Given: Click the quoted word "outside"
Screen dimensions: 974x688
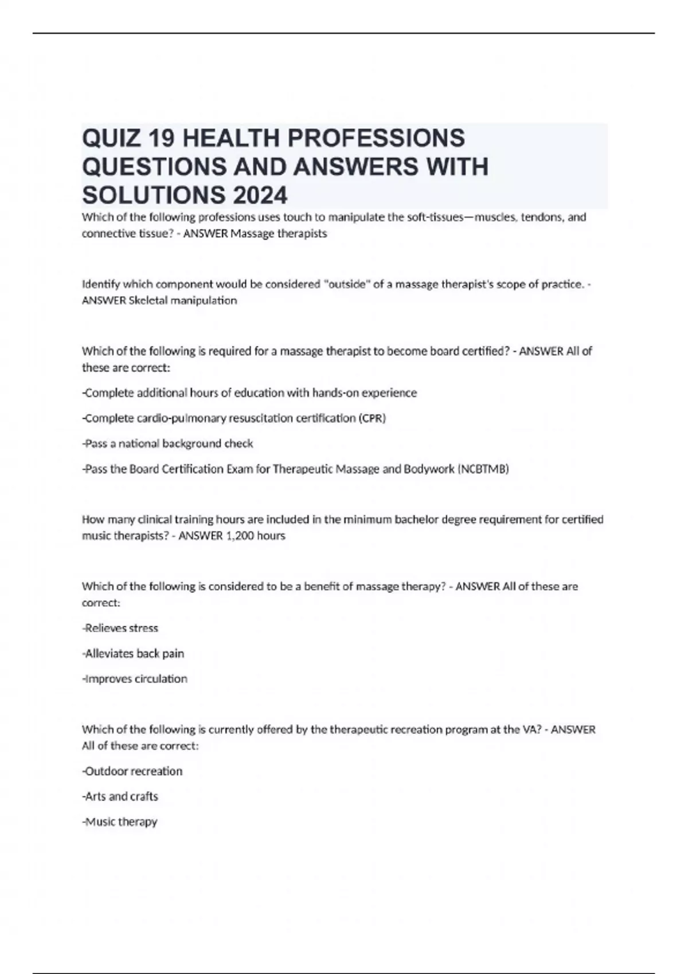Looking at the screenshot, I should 346,284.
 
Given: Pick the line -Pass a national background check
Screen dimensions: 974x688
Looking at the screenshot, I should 167,443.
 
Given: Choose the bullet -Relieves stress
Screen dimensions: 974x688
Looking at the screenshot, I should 120,628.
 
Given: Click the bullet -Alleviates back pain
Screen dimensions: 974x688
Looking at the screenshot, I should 133,653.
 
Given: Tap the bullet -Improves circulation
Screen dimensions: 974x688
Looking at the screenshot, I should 135,678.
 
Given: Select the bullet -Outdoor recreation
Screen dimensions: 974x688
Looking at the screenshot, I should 132,771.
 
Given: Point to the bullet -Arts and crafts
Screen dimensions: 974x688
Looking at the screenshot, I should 120,796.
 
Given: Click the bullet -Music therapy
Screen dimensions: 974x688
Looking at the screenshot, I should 119,822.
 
